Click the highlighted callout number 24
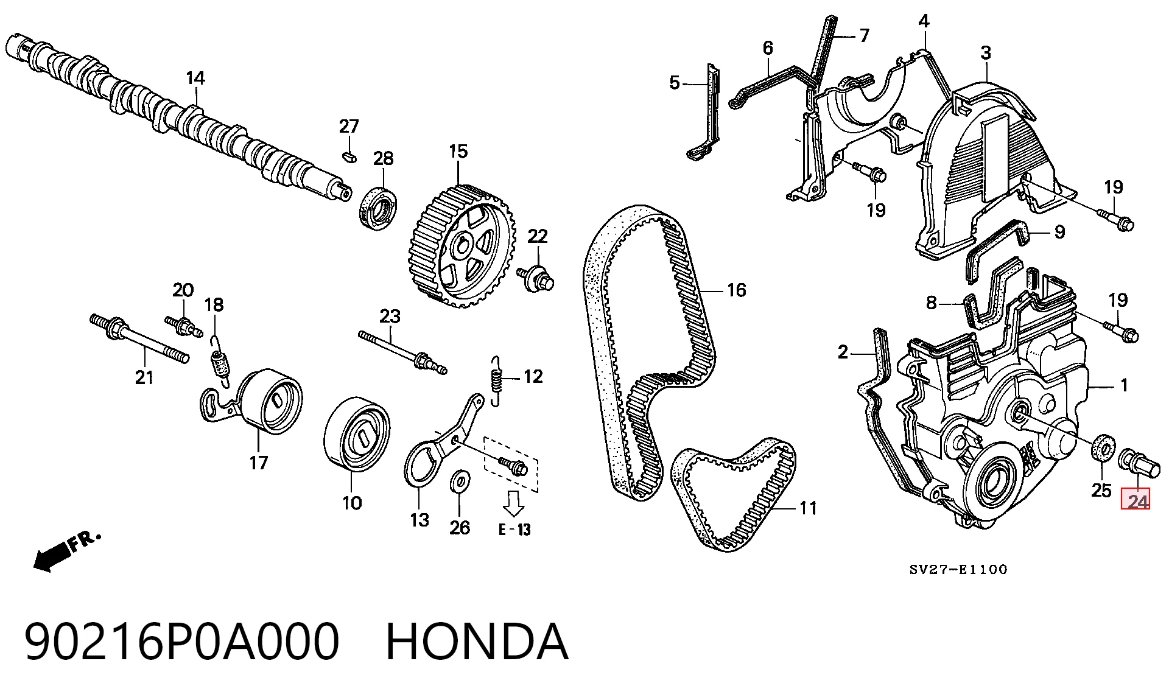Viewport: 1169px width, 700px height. coord(1136,500)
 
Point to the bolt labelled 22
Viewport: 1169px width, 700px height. coord(536,278)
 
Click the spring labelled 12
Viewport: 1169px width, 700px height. coord(497,381)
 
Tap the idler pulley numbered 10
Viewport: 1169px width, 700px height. coord(356,435)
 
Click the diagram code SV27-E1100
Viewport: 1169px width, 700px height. coord(958,570)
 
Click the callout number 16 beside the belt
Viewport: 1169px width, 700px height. coord(736,290)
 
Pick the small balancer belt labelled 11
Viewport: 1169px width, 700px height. coord(733,493)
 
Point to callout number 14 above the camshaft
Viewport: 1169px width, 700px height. coord(195,78)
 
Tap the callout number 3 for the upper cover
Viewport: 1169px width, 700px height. coord(986,53)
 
